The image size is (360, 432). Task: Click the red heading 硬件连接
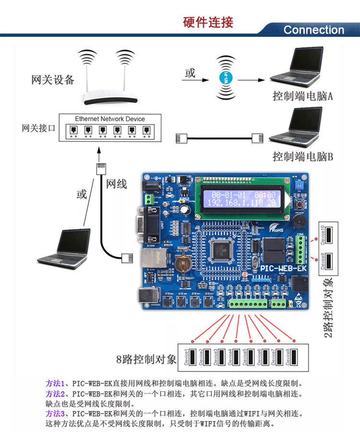tap(208, 23)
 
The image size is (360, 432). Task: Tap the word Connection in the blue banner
tap(313, 30)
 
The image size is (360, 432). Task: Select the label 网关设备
tap(53, 80)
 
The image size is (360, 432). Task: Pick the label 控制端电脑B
tap(303, 157)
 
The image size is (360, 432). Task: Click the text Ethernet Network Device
tap(110, 119)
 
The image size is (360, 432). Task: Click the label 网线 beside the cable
tap(116, 184)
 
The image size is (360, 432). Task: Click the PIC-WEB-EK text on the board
tap(284, 267)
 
